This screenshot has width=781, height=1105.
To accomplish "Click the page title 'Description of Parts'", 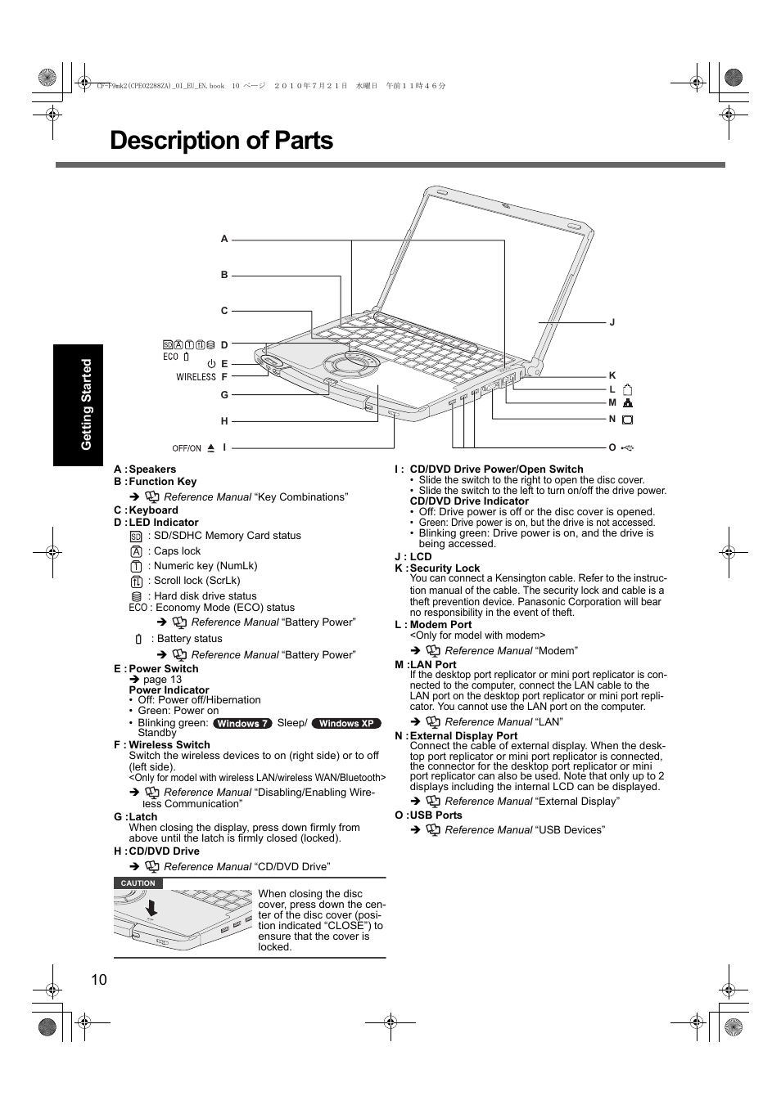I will (221, 141).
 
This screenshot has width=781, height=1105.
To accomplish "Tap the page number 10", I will (99, 980).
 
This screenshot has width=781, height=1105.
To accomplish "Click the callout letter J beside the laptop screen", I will (612, 322).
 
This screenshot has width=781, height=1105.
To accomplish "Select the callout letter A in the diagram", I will (224, 239).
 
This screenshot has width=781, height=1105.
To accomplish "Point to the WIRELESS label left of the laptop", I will (196, 377).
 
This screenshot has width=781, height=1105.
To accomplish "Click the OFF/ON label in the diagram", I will (187, 448).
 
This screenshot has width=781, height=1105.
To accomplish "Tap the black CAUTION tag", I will (138, 883).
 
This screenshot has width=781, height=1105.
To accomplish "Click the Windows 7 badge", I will (242, 723).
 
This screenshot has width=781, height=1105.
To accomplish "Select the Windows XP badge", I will (347, 723).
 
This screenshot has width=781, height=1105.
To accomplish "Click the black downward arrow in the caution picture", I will (151, 907).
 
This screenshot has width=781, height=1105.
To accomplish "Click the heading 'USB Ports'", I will (436, 815).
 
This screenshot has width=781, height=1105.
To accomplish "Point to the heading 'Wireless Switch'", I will (169, 744).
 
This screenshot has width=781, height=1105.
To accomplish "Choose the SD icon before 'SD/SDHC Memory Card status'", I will (136, 537).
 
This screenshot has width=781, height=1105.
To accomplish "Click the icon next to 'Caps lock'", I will (136, 551).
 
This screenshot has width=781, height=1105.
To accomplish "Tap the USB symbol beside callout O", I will (628, 448).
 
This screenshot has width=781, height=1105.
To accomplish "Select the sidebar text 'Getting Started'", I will (86, 404).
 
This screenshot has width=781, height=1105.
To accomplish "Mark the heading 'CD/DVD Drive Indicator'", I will (469, 501).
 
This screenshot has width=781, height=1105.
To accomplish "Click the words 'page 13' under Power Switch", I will (162, 679).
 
